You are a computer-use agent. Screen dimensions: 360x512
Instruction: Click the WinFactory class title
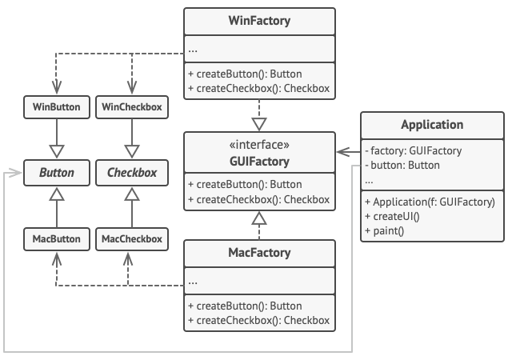point(260,21)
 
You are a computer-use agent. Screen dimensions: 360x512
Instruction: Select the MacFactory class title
point(260,254)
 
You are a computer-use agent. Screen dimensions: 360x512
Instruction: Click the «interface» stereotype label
point(260,145)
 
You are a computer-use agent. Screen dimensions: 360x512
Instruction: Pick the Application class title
point(432,125)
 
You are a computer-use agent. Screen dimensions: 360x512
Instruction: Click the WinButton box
point(56,106)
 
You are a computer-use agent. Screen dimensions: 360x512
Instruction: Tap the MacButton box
point(56,238)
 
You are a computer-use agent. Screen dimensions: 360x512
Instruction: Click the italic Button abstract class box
point(56,172)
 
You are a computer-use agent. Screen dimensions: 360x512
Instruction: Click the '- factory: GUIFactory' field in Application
point(413,150)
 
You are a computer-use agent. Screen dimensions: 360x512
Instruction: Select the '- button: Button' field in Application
point(402,166)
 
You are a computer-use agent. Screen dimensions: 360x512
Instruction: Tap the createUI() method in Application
point(392,216)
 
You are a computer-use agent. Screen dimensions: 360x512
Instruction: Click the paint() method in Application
point(384,231)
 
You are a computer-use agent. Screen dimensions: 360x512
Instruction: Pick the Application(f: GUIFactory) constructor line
point(430,202)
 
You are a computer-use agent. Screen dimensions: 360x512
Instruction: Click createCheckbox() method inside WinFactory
point(260,88)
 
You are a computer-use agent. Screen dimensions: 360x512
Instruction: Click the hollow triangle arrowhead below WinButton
point(56,149)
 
